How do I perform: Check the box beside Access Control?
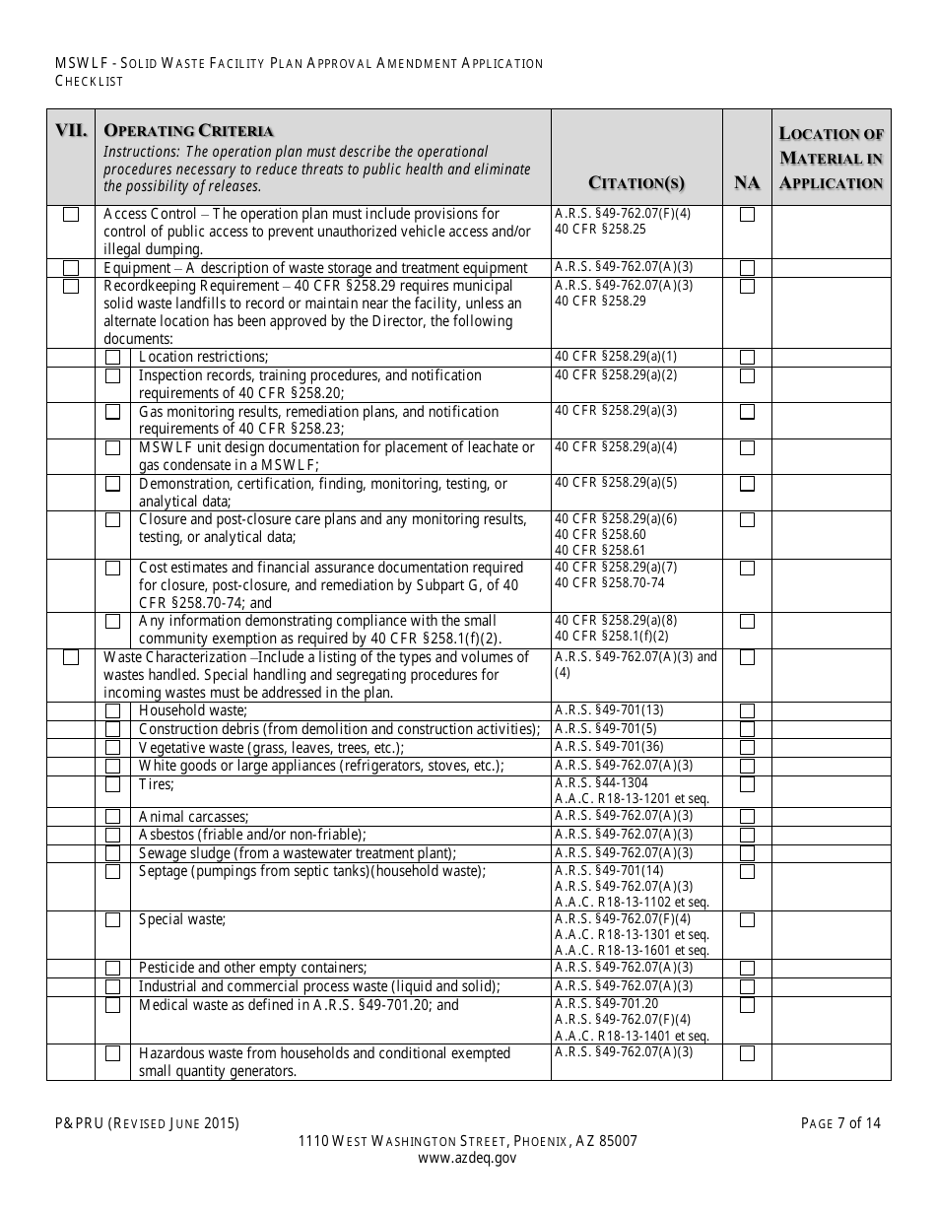(x=71, y=214)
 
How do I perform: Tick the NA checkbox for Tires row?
(x=747, y=784)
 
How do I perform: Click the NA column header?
(x=747, y=182)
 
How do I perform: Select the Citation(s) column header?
(x=636, y=182)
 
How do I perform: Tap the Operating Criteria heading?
(x=189, y=131)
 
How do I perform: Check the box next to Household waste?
(x=113, y=710)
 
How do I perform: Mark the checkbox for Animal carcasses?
(x=113, y=817)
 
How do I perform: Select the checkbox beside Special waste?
(x=113, y=919)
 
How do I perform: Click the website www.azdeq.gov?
(x=467, y=1159)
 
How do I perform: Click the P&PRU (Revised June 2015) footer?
(x=147, y=1122)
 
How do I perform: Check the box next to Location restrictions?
(x=113, y=357)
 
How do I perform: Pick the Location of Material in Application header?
(x=831, y=158)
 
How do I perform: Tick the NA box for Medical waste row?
(x=747, y=1005)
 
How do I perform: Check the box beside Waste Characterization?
(x=71, y=657)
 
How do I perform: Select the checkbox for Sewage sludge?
(x=113, y=853)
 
